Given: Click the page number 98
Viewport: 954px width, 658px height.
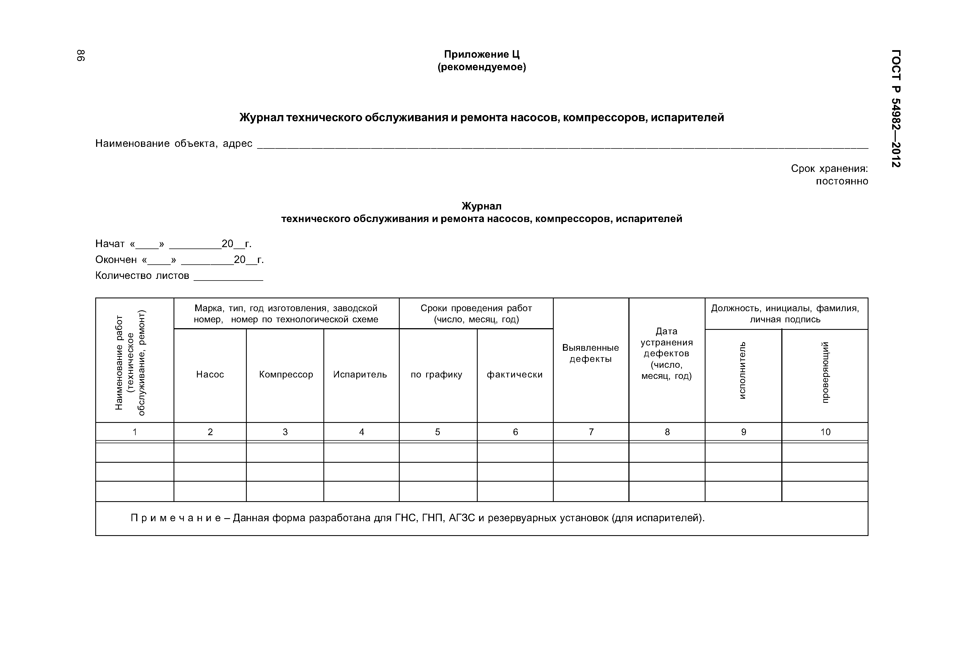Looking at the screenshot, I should (x=81, y=56).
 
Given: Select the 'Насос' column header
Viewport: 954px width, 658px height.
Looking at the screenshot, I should (x=210, y=374).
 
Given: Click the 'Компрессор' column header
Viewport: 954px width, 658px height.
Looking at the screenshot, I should (x=286, y=374).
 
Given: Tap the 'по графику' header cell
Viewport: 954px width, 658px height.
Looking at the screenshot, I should (x=436, y=374).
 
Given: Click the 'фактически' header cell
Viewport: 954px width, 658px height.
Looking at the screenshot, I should (x=514, y=374).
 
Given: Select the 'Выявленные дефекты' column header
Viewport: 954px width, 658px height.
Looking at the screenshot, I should (x=591, y=353).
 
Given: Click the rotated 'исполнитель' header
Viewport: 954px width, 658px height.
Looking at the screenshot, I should (x=743, y=370).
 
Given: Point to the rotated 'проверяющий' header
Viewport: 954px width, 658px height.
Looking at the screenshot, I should (x=825, y=372).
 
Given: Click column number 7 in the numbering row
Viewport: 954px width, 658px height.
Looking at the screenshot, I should (x=591, y=432).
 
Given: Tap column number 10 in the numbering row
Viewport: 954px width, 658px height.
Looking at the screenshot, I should (x=825, y=432).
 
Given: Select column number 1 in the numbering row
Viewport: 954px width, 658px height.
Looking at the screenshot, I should (x=135, y=432).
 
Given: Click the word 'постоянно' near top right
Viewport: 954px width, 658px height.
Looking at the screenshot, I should (x=841, y=181).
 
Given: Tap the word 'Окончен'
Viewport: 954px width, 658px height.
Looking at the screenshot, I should (x=116, y=260).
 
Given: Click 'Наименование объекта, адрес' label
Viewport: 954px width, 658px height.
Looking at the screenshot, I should (x=174, y=143).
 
